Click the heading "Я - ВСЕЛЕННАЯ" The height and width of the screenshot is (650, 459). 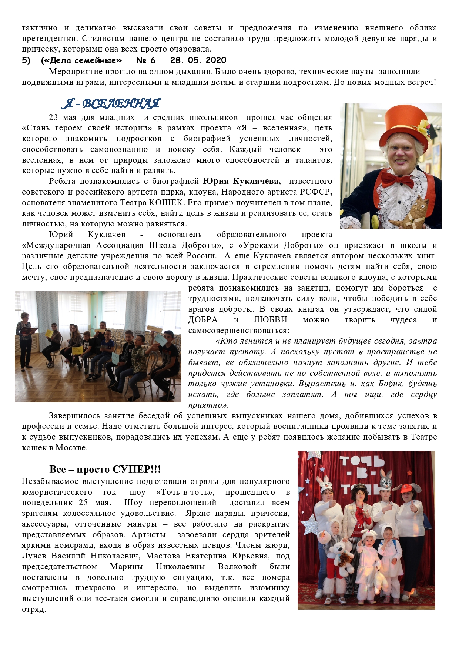pyautogui.click(x=111, y=103)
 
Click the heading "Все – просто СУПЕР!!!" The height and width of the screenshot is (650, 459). pyautogui.click(x=105, y=469)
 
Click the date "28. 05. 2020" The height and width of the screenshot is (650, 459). pyautogui.click(x=198, y=60)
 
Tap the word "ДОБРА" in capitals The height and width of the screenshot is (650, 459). pyautogui.click(x=203, y=320)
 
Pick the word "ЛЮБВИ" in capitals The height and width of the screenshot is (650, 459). pyautogui.click(x=270, y=320)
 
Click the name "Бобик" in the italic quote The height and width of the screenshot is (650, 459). pyautogui.click(x=392, y=384)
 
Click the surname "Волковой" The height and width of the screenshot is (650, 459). pyautogui.click(x=237, y=567)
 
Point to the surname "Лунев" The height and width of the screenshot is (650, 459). pyautogui.click(x=34, y=556)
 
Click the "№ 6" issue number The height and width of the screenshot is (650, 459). pyautogui.click(x=146, y=60)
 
